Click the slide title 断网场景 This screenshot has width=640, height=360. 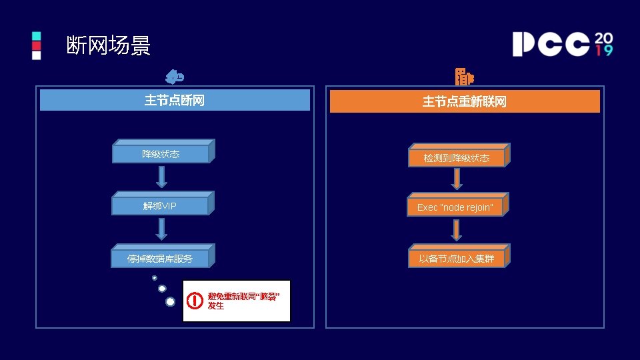(109, 45)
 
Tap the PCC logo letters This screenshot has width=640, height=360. (551, 44)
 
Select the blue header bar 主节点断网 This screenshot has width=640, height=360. (175, 100)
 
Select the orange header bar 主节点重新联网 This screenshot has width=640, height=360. (465, 101)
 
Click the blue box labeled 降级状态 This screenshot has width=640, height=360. (161, 154)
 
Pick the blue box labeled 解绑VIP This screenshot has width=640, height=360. (161, 205)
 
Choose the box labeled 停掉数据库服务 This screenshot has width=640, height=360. (161, 258)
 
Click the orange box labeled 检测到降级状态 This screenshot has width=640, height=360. (457, 158)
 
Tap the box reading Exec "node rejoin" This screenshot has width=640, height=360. (455, 207)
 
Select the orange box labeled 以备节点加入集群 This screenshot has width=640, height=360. (457, 258)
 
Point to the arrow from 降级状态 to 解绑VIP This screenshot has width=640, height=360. (161, 177)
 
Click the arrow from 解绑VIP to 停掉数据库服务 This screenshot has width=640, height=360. (161, 229)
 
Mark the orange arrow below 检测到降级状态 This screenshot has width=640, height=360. (457, 179)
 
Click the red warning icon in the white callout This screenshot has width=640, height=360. (195, 301)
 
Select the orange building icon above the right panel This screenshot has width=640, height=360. (464, 77)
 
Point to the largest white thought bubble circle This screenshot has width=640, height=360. (170, 302)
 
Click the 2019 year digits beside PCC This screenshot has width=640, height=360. (603, 43)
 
